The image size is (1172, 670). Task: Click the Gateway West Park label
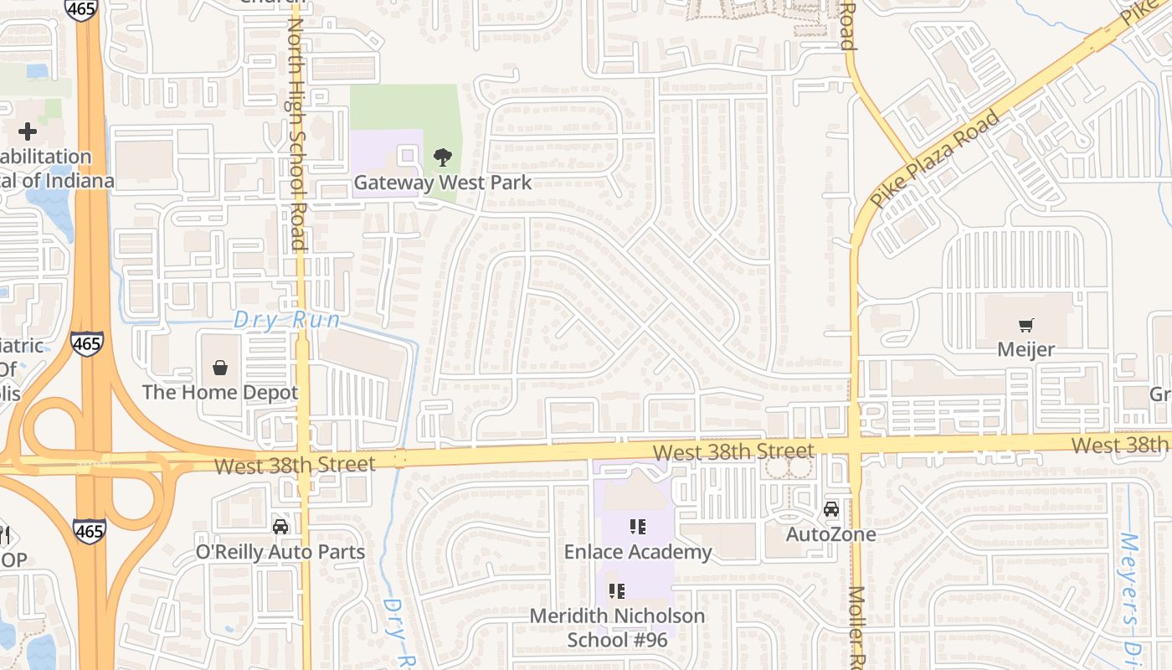(442, 183)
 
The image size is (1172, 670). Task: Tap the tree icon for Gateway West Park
(442, 157)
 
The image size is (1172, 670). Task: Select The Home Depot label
(220, 392)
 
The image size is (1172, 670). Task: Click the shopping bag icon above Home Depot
(220, 367)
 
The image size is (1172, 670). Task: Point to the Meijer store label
(1025, 349)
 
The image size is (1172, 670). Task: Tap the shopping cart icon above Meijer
(1025, 325)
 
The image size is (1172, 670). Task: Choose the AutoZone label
(830, 534)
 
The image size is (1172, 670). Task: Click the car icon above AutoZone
(830, 509)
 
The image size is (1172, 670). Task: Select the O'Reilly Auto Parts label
(280, 552)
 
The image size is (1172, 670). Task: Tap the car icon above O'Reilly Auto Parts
(280, 527)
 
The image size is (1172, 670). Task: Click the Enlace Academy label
(638, 552)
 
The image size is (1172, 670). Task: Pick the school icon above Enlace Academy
(638, 527)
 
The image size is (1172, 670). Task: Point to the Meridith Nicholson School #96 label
(617, 628)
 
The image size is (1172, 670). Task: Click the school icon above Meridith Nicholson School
(617, 591)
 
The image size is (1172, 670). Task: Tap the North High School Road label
(297, 134)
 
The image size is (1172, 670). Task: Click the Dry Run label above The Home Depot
(287, 320)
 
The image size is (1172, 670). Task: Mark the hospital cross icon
(27, 131)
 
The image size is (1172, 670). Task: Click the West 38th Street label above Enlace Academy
(732, 452)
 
